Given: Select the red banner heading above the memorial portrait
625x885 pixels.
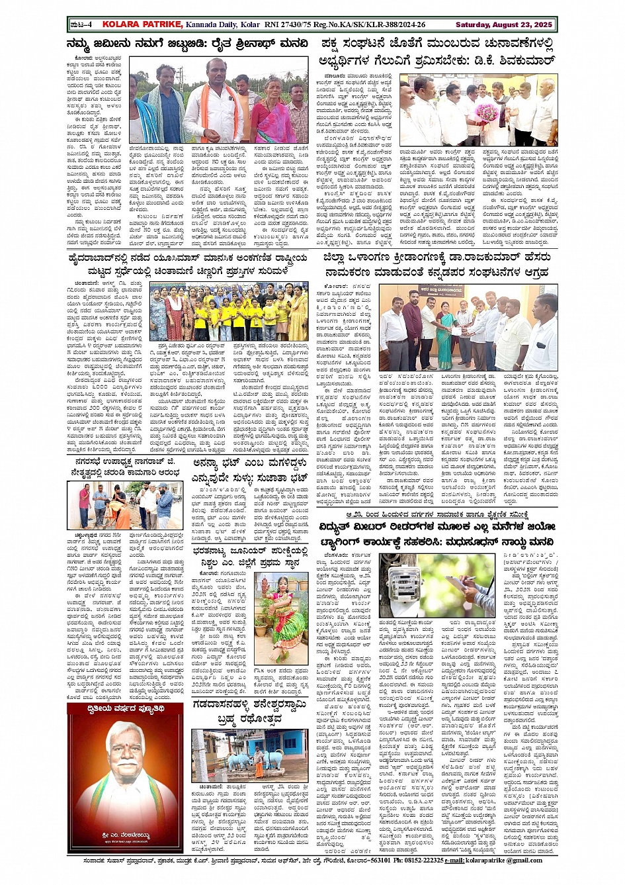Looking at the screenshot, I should pyautogui.click(x=126, y=709).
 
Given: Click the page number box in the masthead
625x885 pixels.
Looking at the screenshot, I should pyautogui.click(x=81, y=24).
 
